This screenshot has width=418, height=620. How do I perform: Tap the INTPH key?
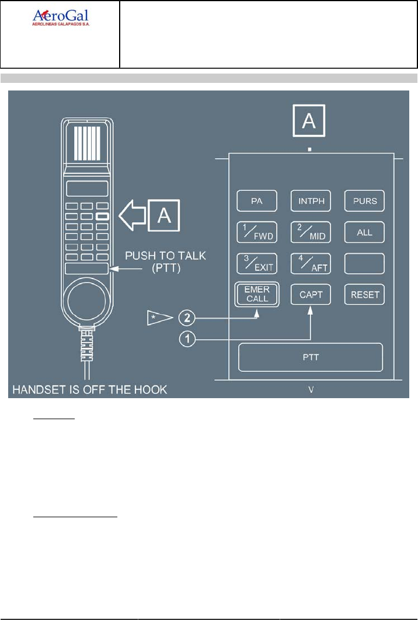311,201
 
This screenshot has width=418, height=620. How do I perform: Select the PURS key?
364,201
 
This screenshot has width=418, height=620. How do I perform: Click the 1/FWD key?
257,232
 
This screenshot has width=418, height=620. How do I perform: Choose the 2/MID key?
311,232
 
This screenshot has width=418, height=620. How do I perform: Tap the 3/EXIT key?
257,263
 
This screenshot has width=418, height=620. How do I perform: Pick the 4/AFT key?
311,263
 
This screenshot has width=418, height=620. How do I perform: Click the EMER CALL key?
257,294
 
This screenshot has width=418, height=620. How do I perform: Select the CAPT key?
311,294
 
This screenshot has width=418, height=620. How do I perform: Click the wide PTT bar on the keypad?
311,357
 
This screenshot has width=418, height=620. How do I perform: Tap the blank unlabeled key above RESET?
364,263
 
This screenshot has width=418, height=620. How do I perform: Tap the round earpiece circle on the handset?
86,303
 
